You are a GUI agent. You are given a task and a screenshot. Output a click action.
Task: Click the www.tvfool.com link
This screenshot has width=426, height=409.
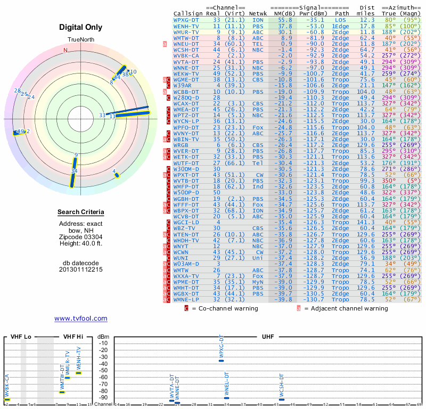click(81, 318)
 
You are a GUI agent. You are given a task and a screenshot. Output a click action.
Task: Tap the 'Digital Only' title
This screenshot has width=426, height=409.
click(81, 28)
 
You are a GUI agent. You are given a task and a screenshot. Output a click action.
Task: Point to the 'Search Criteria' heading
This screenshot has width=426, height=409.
click(81, 212)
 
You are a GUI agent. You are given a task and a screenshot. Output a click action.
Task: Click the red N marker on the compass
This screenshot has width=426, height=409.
click(66, 50)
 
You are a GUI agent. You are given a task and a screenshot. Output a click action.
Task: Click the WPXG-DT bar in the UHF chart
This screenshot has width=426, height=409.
click(221, 361)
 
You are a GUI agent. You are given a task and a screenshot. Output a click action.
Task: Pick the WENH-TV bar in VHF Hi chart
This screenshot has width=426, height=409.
click(78, 373)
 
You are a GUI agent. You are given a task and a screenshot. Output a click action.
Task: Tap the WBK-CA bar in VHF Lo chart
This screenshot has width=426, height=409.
click(7, 399)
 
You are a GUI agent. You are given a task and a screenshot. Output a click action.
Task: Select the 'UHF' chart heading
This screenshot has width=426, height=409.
click(268, 337)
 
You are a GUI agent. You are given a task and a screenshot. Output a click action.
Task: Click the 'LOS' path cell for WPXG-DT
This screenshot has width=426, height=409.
click(340, 19)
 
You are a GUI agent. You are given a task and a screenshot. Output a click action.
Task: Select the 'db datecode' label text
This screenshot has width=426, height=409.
click(81, 263)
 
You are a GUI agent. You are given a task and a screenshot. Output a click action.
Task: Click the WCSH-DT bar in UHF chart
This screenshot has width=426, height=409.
click(282, 399)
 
